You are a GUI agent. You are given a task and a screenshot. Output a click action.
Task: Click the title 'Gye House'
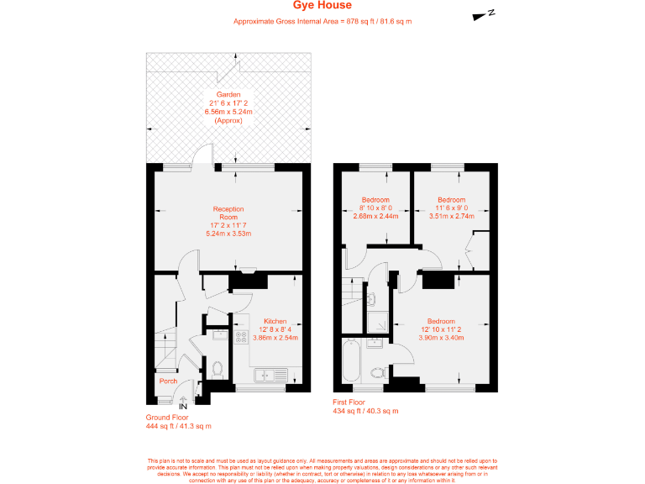[x=322, y=6]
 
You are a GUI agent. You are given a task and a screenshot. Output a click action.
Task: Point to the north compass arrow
[x=485, y=13]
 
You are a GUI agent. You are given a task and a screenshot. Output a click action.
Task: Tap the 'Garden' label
[x=228, y=94]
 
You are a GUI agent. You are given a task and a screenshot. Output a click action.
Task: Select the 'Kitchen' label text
[x=275, y=322]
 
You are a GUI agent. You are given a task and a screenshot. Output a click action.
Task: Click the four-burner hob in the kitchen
[x=242, y=338]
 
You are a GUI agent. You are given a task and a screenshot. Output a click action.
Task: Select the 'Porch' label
[x=168, y=381]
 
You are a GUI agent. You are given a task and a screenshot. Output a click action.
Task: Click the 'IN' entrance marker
[x=184, y=406]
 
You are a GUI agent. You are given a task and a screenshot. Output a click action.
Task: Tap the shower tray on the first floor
[x=375, y=319]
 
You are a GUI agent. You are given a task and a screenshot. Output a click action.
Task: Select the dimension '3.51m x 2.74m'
[x=451, y=215]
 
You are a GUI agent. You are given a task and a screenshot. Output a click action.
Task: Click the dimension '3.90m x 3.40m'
[x=443, y=338]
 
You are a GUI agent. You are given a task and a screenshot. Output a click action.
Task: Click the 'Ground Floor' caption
[x=167, y=417]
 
